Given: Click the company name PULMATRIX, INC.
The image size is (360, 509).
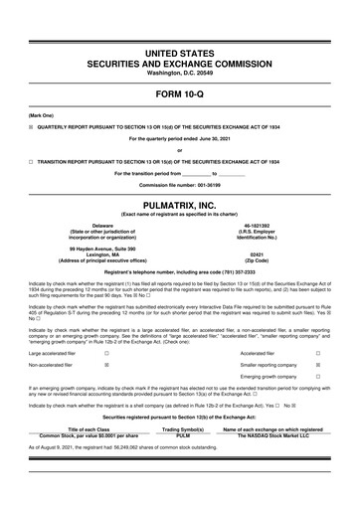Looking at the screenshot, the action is click(x=180, y=203).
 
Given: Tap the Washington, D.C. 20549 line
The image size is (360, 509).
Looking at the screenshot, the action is click(x=180, y=73).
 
